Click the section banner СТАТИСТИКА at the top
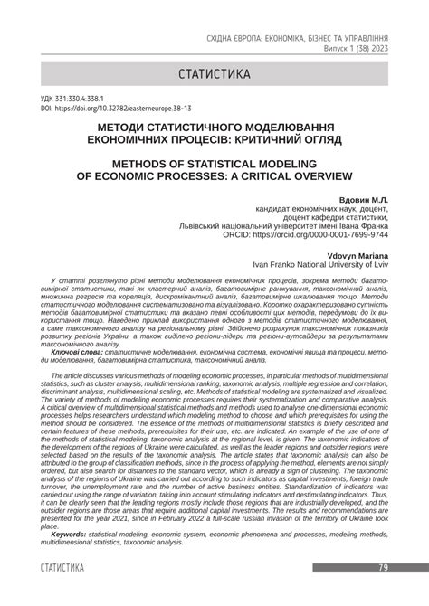coord(214,71)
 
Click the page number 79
coord(384,592)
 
